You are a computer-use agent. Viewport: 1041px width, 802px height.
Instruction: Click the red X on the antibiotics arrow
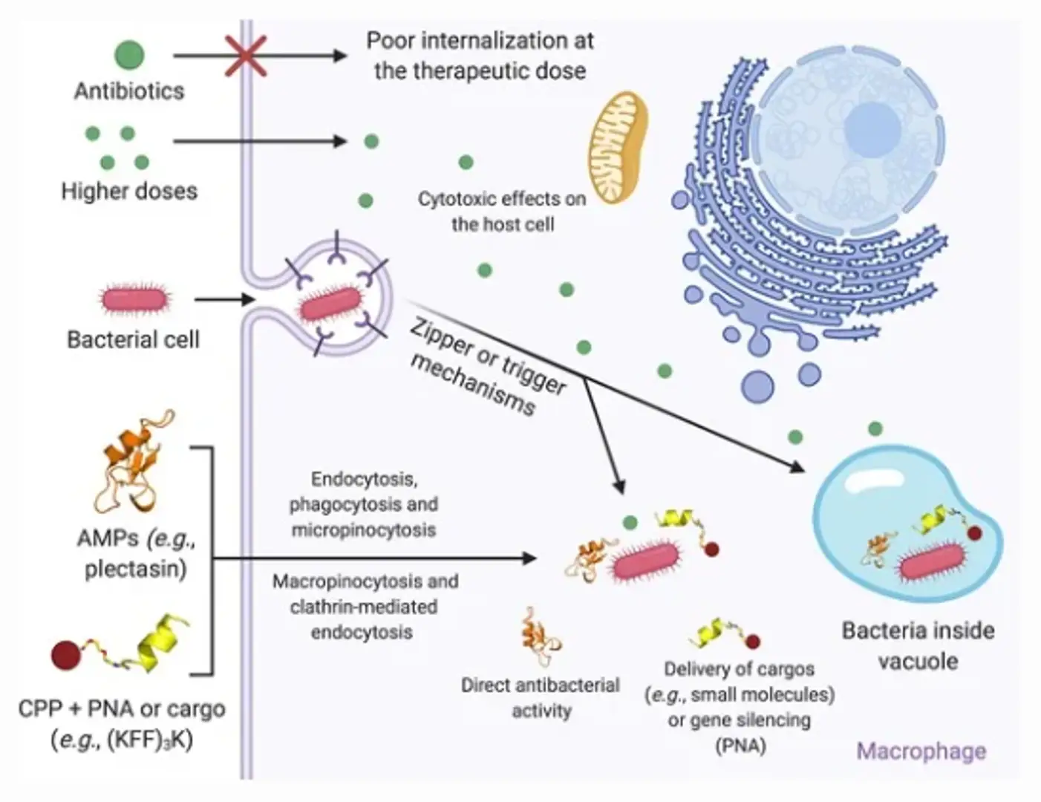click(x=246, y=56)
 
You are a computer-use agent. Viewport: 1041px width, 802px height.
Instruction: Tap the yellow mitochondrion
click(x=618, y=148)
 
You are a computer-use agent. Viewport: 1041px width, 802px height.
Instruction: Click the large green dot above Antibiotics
click(x=129, y=54)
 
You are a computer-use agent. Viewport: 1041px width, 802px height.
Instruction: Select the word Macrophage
click(x=921, y=751)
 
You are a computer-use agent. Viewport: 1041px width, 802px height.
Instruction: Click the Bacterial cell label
click(x=133, y=339)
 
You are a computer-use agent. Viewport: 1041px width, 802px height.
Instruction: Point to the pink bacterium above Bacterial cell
click(x=135, y=299)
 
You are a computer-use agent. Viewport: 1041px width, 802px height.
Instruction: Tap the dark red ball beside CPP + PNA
click(x=65, y=655)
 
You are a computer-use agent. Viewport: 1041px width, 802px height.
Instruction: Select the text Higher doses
click(x=129, y=191)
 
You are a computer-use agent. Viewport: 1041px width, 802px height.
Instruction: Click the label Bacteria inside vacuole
click(x=918, y=645)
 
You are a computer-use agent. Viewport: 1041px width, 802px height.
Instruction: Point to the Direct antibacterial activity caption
click(x=541, y=697)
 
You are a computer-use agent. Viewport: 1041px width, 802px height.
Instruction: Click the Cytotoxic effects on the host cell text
click(x=502, y=211)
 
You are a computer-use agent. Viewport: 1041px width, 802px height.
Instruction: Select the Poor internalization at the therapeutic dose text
click(x=480, y=55)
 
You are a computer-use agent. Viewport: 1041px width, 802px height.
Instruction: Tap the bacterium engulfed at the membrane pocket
click(x=330, y=304)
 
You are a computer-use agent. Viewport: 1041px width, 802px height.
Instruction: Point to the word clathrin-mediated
click(x=363, y=607)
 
